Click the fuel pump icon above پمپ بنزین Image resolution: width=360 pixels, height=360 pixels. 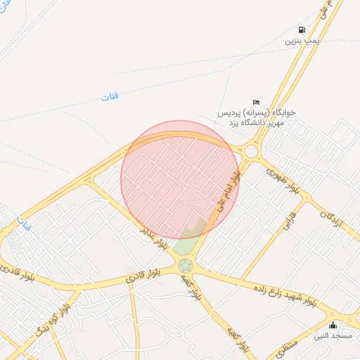[302, 30]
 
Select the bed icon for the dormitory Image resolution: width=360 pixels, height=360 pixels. [256, 103]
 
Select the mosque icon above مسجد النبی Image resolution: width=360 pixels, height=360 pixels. [333, 326]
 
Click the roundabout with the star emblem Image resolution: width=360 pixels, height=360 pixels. [186, 266]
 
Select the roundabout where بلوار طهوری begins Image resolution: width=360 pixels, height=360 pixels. [251, 150]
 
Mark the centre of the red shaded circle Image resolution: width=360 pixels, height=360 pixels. [180, 179]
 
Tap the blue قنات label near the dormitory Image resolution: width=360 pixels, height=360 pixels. [109, 96]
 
